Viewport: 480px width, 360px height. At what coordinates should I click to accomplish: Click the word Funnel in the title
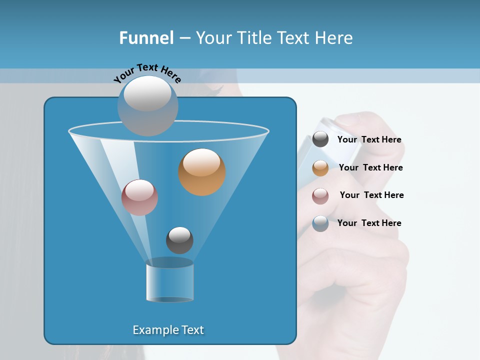click(146, 38)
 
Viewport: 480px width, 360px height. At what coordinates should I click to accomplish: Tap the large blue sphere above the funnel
click(147, 106)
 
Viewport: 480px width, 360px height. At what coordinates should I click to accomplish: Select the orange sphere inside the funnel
click(202, 172)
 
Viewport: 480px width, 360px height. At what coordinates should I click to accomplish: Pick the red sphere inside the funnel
click(139, 197)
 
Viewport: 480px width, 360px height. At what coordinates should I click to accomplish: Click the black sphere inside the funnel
click(179, 240)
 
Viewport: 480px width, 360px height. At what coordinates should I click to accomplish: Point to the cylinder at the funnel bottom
click(170, 283)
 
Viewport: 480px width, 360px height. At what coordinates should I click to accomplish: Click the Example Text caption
click(168, 330)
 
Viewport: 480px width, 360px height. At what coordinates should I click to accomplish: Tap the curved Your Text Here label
click(147, 73)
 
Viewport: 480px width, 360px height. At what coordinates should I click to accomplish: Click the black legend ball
click(320, 139)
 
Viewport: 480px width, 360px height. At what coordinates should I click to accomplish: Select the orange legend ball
click(320, 168)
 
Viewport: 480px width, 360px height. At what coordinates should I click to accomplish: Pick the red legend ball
click(320, 196)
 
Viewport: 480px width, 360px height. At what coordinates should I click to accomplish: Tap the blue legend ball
click(320, 223)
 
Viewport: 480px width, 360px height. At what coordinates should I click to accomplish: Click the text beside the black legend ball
click(369, 140)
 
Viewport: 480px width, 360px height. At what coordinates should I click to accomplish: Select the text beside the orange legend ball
click(370, 168)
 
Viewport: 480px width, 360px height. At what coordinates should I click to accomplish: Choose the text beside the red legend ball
click(371, 195)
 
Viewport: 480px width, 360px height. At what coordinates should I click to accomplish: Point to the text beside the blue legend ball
click(369, 223)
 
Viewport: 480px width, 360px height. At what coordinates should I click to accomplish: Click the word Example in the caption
click(155, 330)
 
